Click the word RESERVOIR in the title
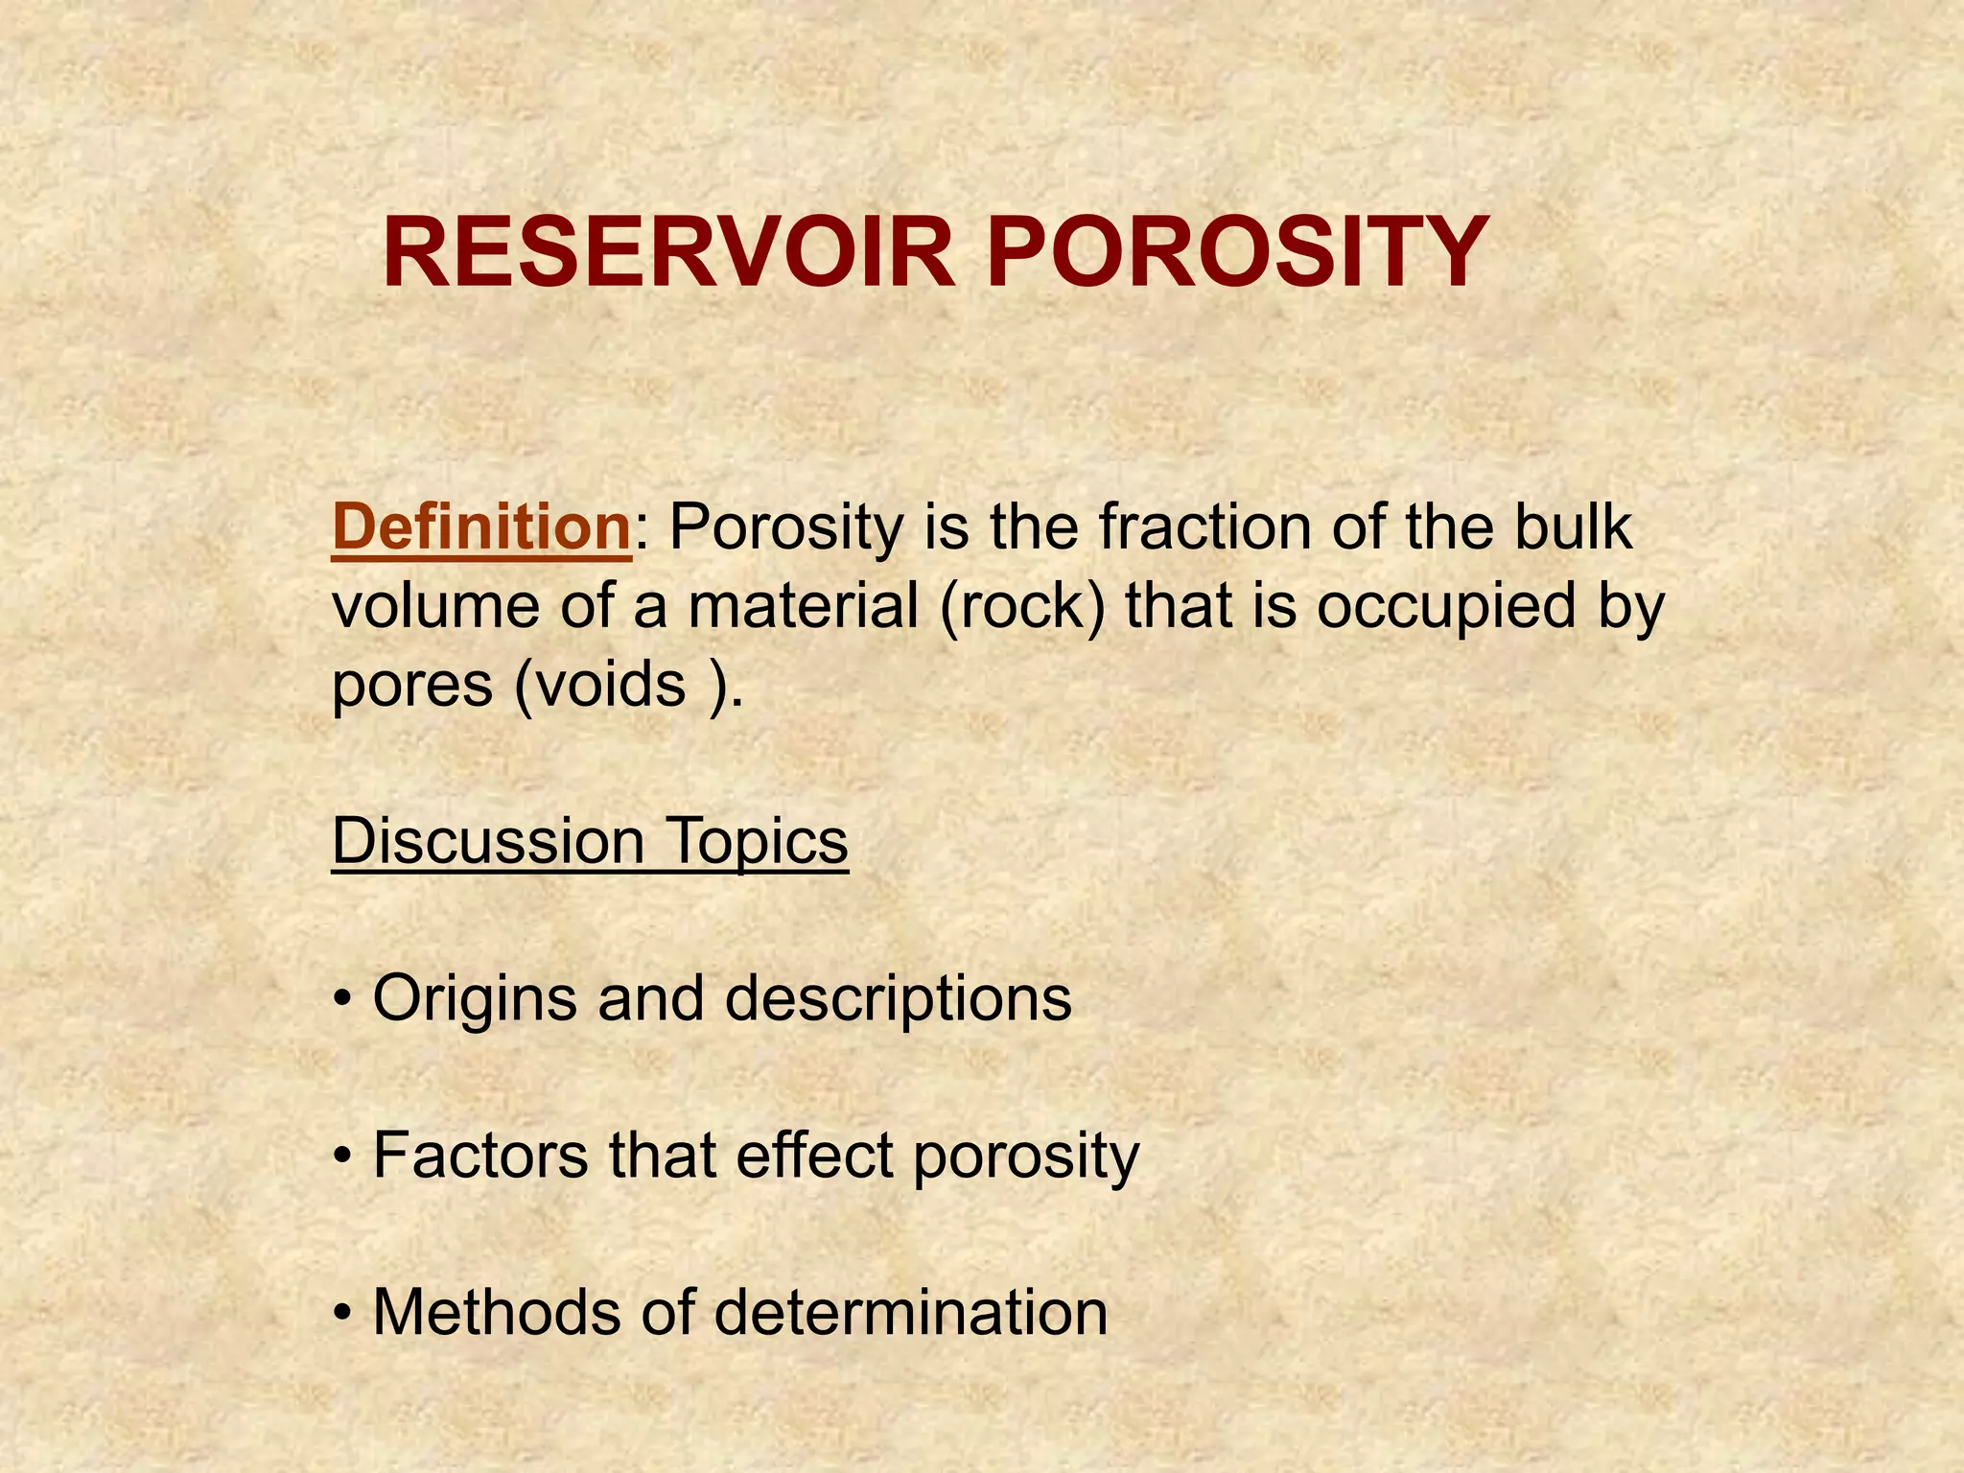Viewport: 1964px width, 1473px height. click(x=668, y=253)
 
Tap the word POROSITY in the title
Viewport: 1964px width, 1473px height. click(x=1237, y=253)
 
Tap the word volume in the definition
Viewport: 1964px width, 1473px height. click(x=437, y=607)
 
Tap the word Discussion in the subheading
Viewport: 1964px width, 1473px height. click(x=487, y=841)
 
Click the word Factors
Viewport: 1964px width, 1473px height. click(x=479, y=1155)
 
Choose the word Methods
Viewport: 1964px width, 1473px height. click(x=497, y=1312)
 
